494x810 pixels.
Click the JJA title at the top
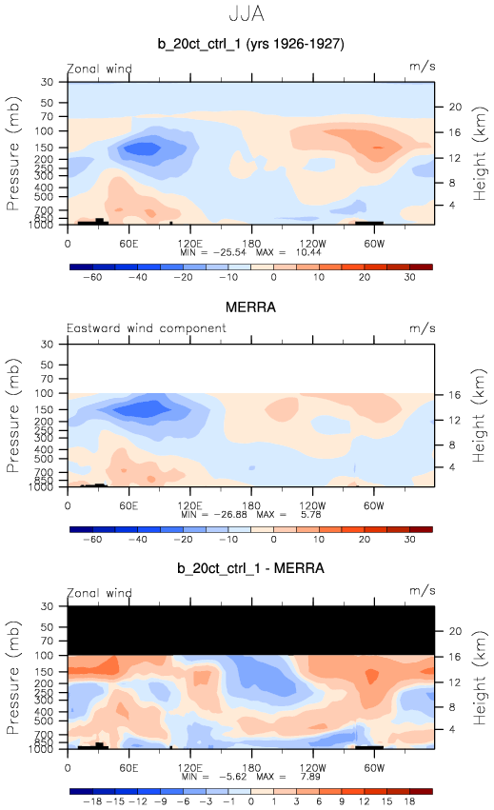pyautogui.click(x=247, y=14)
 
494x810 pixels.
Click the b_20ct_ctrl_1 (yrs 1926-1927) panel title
pyautogui.click(x=250, y=44)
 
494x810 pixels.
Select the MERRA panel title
pyautogui.click(x=250, y=307)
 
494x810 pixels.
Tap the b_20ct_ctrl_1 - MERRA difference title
pyautogui.click(x=250, y=568)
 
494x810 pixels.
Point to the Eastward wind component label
pyautogui.click(x=147, y=328)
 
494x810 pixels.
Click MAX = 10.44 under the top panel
pyautogui.click(x=288, y=252)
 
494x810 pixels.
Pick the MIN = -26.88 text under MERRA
pyautogui.click(x=214, y=515)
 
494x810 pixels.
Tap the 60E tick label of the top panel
pyautogui.click(x=128, y=244)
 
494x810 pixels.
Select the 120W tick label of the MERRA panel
pyautogui.click(x=312, y=505)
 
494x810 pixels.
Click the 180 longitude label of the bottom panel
pyautogui.click(x=251, y=767)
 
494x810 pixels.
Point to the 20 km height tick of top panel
pyautogui.click(x=455, y=107)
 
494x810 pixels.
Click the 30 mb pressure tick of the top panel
pyautogui.click(x=47, y=82)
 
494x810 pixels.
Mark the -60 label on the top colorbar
pyautogui.click(x=92, y=277)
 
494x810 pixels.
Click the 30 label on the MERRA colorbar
pyautogui.click(x=410, y=539)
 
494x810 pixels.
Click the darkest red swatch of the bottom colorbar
pyautogui.click(x=421, y=791)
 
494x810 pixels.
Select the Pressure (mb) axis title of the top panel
pyautogui.click(x=13, y=153)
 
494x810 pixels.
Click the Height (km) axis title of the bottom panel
pyautogui.click(x=480, y=678)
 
